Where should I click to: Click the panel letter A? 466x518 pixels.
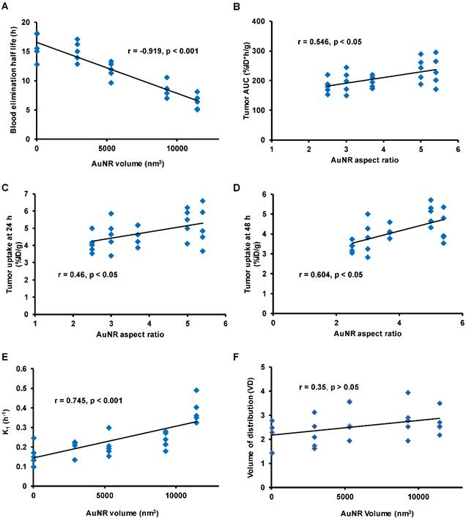7,7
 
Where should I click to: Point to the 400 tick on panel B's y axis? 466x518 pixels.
258,22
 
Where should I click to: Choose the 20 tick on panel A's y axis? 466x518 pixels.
26,22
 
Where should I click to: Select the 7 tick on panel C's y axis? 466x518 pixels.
28,194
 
